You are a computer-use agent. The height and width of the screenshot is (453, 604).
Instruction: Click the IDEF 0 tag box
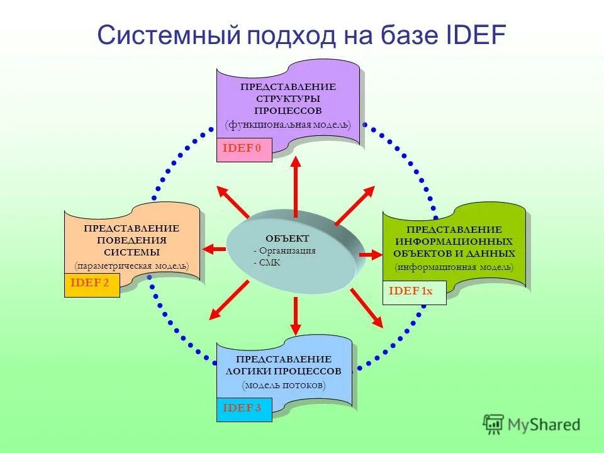point(244,150)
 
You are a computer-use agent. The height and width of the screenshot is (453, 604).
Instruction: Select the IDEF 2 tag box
point(92,285)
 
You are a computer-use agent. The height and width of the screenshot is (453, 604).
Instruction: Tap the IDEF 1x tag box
point(413,293)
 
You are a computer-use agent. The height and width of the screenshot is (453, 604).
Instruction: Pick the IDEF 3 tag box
point(244,410)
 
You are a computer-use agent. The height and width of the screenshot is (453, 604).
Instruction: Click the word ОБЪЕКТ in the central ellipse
point(288,238)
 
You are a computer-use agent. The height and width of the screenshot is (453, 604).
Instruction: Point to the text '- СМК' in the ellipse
point(267,263)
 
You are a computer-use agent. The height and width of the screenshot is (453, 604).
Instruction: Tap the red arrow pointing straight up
point(295,184)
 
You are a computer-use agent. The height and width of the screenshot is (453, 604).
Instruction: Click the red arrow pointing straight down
point(295,315)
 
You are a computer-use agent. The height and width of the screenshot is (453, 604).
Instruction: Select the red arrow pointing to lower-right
point(367,308)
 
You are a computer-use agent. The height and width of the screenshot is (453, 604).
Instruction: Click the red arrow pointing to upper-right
point(355,205)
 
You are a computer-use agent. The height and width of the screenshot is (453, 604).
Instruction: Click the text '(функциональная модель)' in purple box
point(288,125)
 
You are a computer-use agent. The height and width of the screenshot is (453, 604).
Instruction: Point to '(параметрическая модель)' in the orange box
point(131,266)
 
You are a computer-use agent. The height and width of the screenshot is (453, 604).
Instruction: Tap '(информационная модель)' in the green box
point(454,267)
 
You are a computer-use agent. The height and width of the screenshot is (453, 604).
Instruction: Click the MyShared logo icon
point(494,425)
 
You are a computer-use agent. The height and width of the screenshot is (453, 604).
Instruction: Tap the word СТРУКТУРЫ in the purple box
point(288,99)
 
